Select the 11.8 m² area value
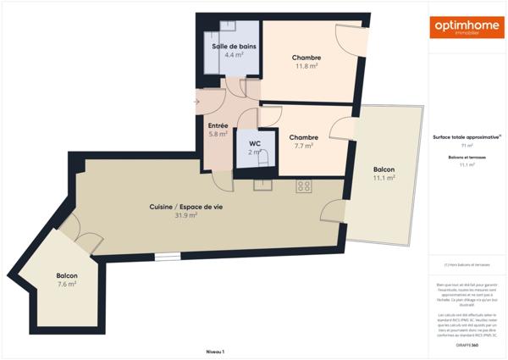(x=306, y=66)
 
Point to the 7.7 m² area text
(x=303, y=146)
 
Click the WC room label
(x=255, y=143)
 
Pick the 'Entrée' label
(x=218, y=125)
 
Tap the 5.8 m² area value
(x=218, y=134)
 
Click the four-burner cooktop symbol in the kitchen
(x=304, y=186)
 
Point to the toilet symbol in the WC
(x=265, y=158)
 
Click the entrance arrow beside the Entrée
(x=196, y=102)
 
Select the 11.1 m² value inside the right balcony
(x=384, y=178)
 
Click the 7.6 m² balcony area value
(x=67, y=284)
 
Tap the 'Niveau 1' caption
(x=215, y=351)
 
